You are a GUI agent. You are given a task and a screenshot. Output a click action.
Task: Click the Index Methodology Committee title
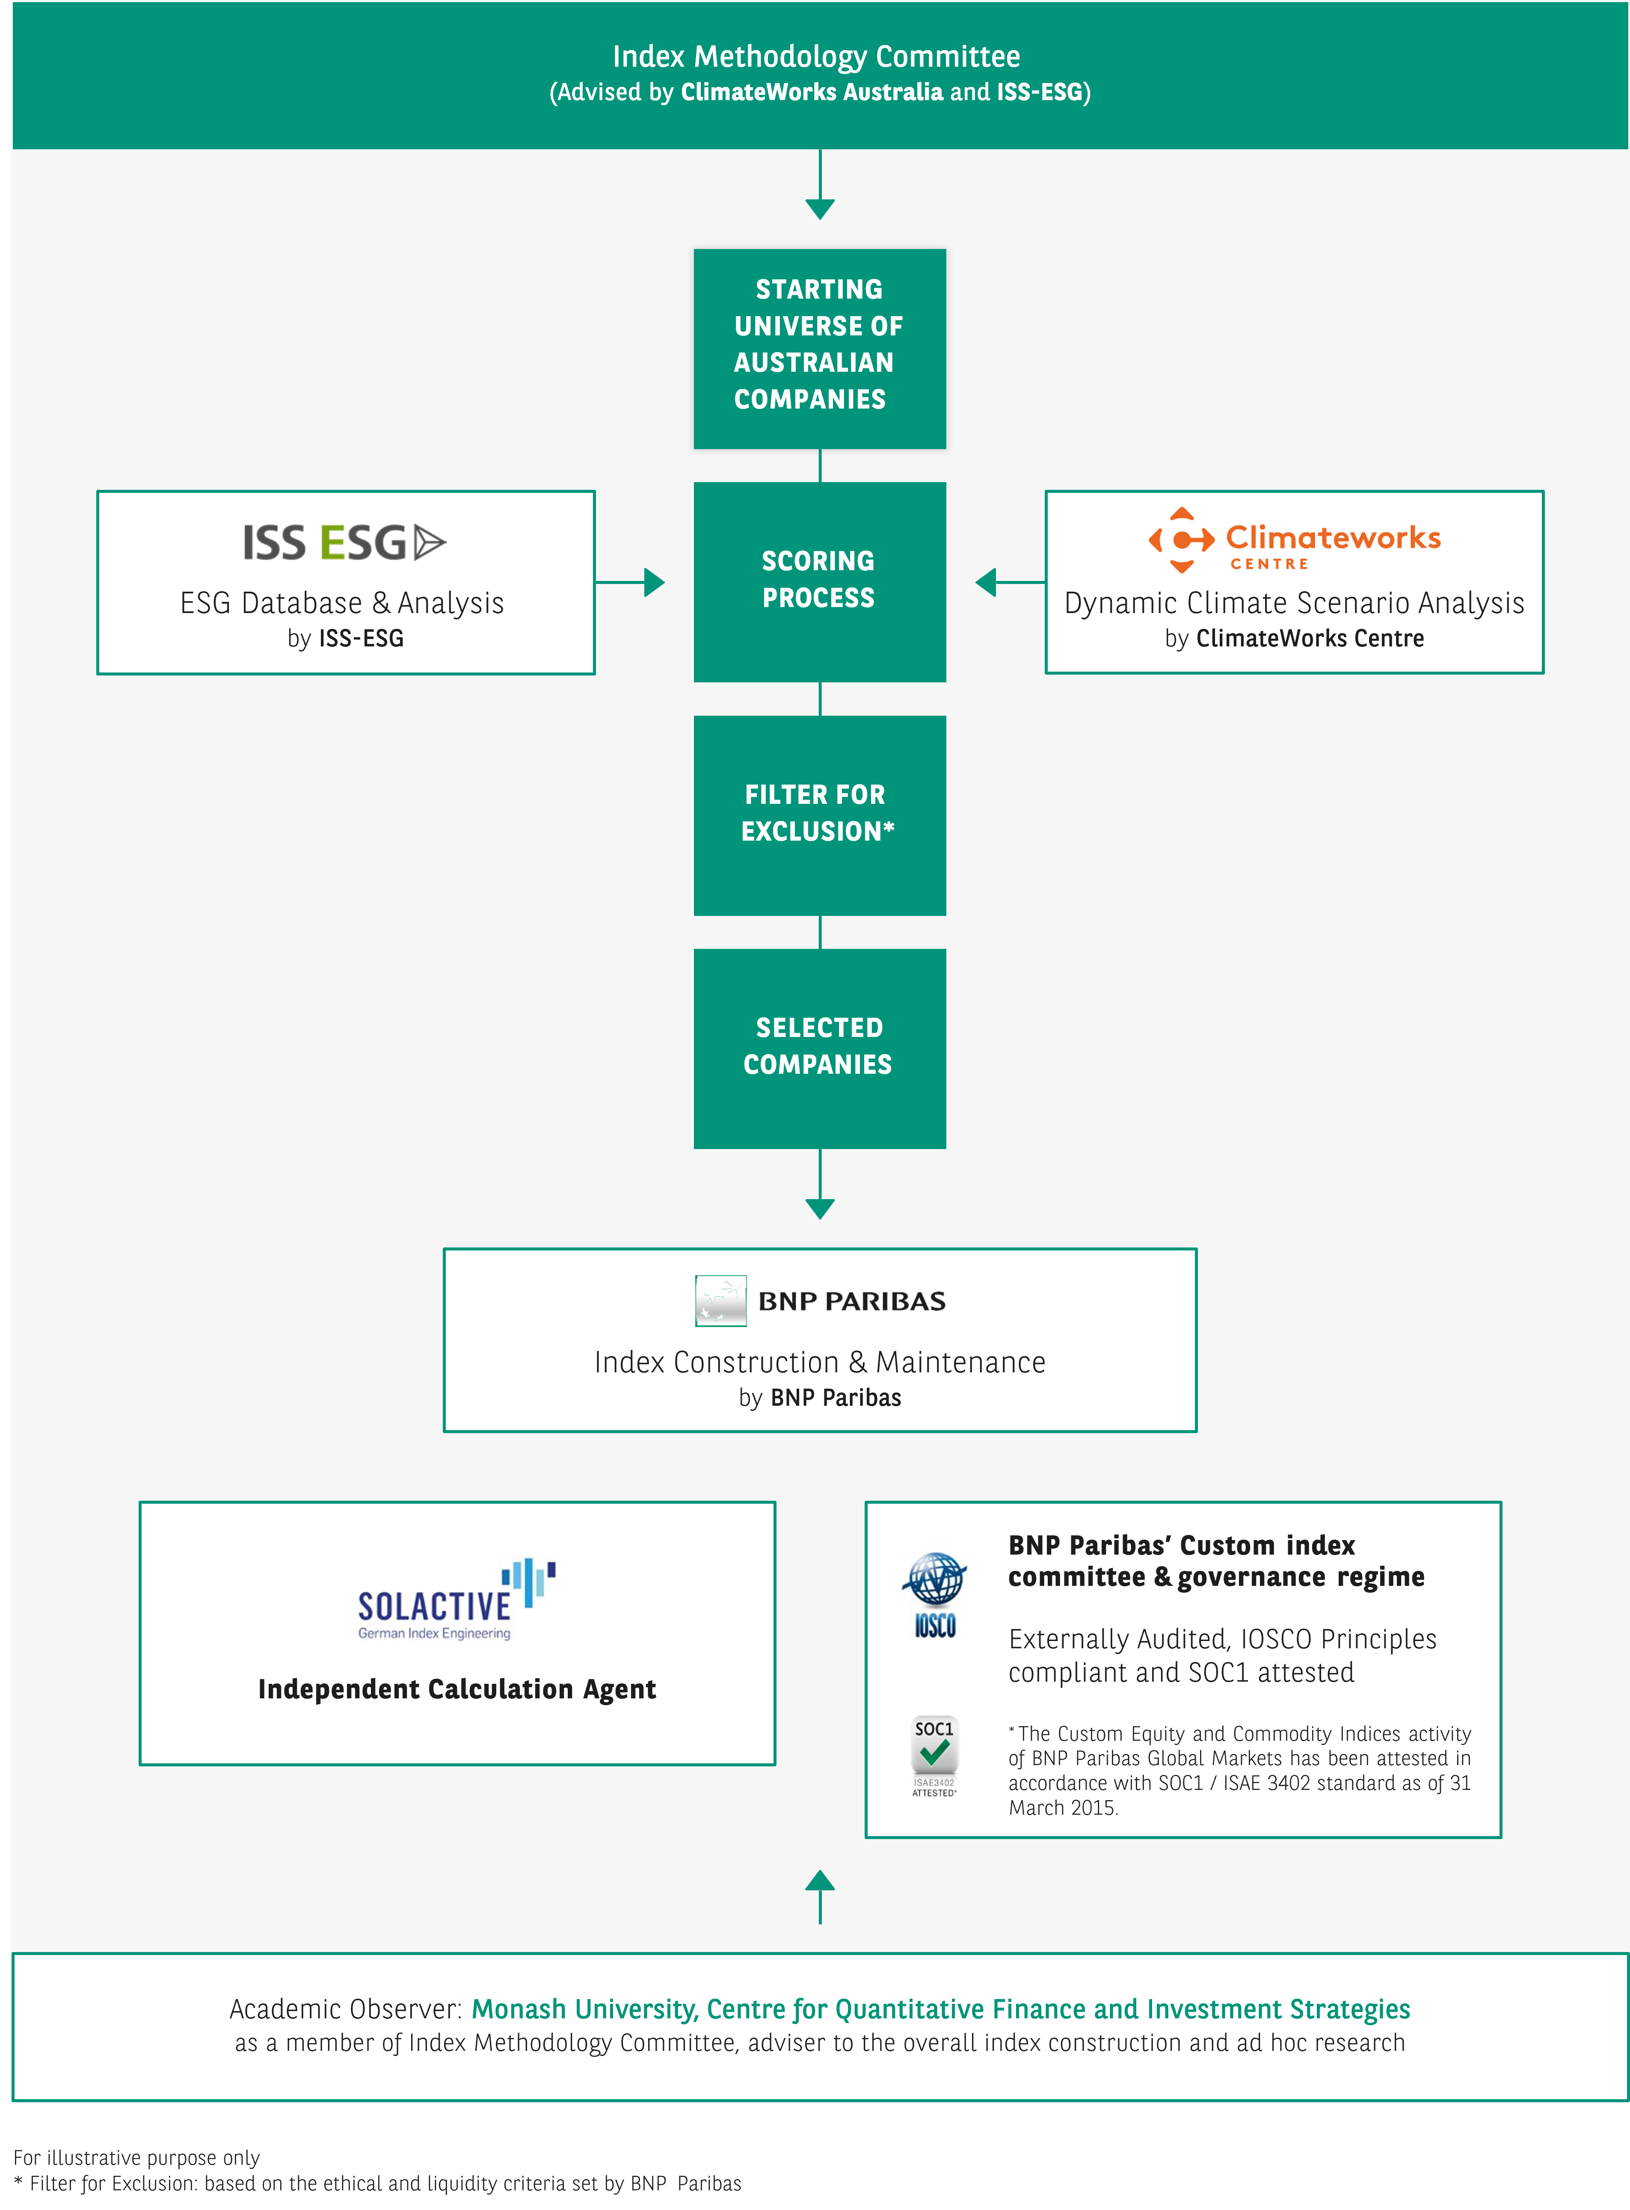tap(816, 56)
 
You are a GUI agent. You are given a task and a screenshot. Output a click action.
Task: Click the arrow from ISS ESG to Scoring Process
tap(631, 582)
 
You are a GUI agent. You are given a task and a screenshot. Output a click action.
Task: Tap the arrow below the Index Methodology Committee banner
tap(820, 184)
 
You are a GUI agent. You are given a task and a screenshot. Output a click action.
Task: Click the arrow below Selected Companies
tap(820, 1184)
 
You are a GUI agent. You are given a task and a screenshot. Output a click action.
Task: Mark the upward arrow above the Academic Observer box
tap(820, 1896)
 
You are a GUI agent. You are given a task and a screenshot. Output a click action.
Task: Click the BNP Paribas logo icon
tap(720, 1301)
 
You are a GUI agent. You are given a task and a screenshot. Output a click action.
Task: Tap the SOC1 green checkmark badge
tap(934, 1755)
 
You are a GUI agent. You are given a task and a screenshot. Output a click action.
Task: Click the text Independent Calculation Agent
tap(457, 1689)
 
